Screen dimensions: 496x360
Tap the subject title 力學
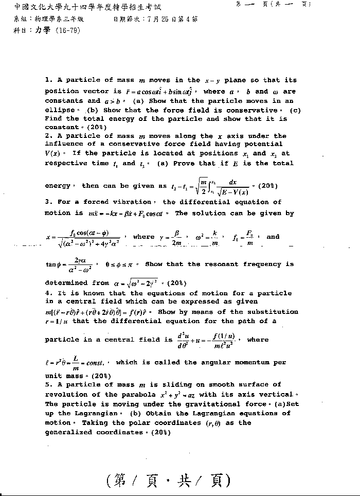tap(43, 30)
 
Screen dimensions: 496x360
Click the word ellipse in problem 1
tap(60, 110)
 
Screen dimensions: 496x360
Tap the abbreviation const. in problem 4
tap(94, 363)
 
